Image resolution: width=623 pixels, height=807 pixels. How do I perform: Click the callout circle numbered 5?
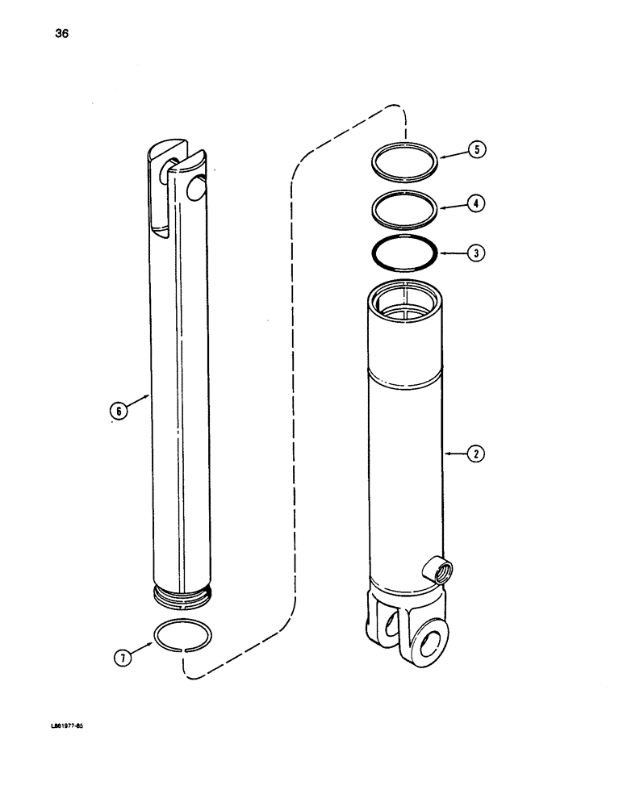point(477,149)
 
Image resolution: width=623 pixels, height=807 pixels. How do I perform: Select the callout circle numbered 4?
point(477,203)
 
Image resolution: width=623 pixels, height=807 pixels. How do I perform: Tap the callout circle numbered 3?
point(477,253)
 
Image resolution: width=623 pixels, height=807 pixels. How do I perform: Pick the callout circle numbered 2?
point(477,454)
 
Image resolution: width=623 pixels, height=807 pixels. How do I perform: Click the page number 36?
point(38,34)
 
